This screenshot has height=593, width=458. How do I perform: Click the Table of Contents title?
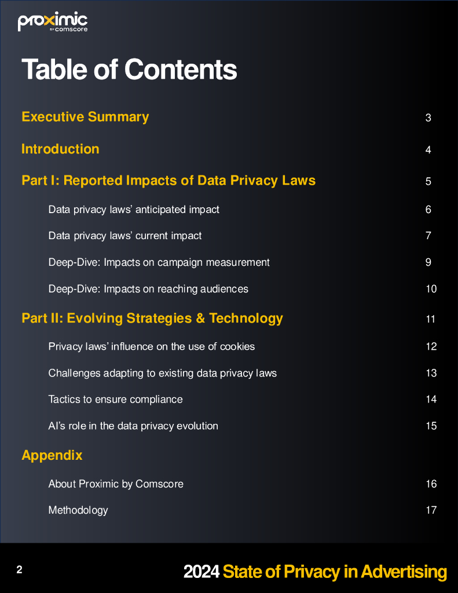point(129,69)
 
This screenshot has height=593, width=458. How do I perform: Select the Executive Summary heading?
point(85,117)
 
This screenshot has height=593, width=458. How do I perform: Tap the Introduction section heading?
point(60,149)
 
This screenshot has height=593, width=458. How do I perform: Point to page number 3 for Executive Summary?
point(428,118)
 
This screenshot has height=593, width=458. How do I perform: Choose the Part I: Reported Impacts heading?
point(168,181)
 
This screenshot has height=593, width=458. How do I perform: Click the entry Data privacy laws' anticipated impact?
point(134,210)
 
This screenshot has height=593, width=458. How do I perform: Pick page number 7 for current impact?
point(428,236)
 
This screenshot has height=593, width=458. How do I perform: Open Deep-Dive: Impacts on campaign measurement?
point(159,262)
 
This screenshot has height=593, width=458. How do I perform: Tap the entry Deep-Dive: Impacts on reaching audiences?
point(148,289)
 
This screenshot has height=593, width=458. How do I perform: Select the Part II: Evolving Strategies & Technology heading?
point(152,319)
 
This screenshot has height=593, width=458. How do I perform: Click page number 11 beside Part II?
point(430,319)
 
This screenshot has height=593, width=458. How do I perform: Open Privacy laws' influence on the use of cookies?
point(152,347)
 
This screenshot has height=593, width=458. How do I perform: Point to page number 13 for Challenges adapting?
point(431,373)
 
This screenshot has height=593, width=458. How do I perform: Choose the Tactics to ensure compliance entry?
point(115,400)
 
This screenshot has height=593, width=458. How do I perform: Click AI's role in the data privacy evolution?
point(133,426)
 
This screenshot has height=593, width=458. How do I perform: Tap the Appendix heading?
point(52,455)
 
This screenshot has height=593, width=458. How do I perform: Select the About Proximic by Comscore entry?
point(116,484)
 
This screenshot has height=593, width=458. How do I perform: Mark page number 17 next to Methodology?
point(431,510)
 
